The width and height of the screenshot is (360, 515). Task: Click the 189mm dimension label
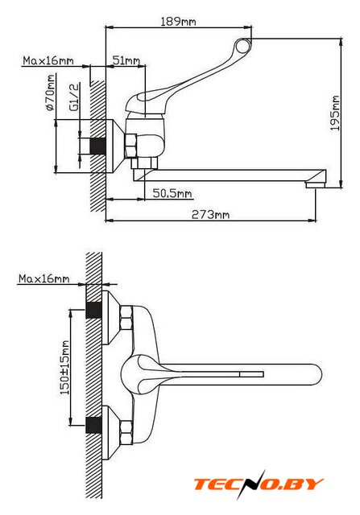(178, 22)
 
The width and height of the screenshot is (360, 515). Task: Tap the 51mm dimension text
(126, 60)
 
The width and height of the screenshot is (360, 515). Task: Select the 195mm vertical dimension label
(335, 113)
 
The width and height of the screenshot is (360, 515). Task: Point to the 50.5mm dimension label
(172, 193)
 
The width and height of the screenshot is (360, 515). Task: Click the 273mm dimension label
(210, 215)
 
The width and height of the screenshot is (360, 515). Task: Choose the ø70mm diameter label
(50, 93)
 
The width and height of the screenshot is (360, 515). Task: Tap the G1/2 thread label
(74, 97)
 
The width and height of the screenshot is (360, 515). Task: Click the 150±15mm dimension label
(64, 368)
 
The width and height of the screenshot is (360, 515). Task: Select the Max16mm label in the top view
(48, 60)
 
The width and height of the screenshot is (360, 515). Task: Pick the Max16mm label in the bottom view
(43, 278)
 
